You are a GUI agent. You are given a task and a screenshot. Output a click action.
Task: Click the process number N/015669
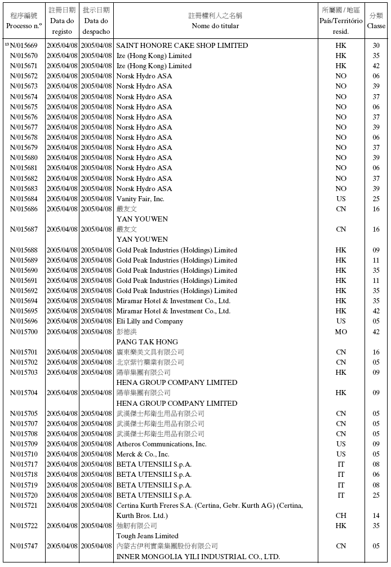pos(24,46)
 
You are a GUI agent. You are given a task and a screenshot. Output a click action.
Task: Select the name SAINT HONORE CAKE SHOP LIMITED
pos(182,46)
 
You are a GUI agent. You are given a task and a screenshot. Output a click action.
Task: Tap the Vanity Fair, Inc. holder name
pos(140,199)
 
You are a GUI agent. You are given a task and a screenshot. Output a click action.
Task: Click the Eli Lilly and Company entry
pos(149,321)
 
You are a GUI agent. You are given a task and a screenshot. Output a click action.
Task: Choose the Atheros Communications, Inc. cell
pos(161,444)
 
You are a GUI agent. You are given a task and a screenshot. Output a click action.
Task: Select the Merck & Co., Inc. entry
pos(143,454)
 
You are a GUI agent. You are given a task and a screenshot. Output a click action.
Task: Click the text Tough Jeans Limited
pos(147,536)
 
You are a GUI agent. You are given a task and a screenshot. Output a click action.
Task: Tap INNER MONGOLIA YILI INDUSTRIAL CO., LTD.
pos(198,556)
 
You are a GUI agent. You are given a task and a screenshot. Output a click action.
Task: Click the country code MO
pos(341,332)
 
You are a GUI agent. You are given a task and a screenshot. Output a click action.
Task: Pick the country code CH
pos(341,516)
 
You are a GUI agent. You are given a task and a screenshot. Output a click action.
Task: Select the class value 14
pos(376,516)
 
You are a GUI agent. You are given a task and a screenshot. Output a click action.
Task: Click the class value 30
pos(376,46)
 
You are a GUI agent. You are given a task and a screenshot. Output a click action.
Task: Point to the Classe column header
pos(376,20)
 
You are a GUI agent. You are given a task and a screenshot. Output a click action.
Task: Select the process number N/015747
pos(24,546)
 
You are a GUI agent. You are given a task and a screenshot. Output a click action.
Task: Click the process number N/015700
pos(24,332)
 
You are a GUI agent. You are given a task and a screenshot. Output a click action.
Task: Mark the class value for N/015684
pos(376,199)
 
